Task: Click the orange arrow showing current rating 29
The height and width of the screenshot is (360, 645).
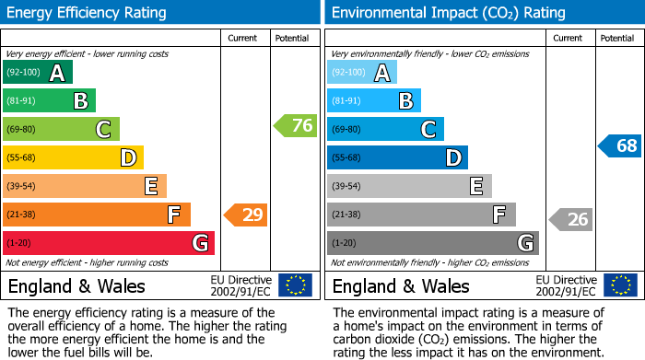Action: coord(246,215)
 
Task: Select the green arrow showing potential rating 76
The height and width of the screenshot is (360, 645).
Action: coord(296,126)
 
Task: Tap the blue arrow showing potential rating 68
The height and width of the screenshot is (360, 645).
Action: coord(619,145)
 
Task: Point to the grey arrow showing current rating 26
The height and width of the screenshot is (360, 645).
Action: coord(571,219)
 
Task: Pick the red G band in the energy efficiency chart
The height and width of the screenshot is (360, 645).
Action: coord(109,243)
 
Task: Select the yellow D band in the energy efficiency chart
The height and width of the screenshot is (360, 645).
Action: coord(73,158)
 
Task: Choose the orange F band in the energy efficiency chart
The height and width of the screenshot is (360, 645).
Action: coord(97,215)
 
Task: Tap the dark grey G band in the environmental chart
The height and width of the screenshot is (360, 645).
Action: coord(433,243)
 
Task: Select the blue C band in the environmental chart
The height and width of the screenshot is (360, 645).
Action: coord(385,130)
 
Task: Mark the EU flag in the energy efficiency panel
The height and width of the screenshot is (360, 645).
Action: coord(295,285)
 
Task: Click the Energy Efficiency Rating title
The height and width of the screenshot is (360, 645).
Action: coord(88,13)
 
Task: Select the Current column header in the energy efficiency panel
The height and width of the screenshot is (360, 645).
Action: coord(242,38)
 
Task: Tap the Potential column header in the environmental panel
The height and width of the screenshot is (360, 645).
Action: coord(617,38)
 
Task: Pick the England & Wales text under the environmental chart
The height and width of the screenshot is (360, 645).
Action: coord(401,285)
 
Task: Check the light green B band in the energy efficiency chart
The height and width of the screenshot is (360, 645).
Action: coord(49,101)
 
